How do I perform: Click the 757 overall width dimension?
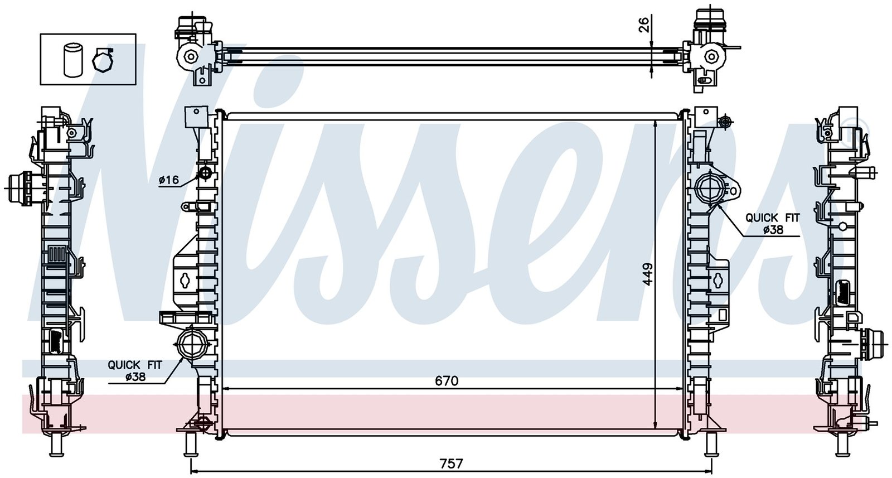452,463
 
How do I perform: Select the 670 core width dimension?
447,381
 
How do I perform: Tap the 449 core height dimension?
648,274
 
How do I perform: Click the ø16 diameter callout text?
169,180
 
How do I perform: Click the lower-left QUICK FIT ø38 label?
135,370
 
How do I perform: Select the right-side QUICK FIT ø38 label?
773,224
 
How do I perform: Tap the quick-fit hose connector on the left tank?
192,341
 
